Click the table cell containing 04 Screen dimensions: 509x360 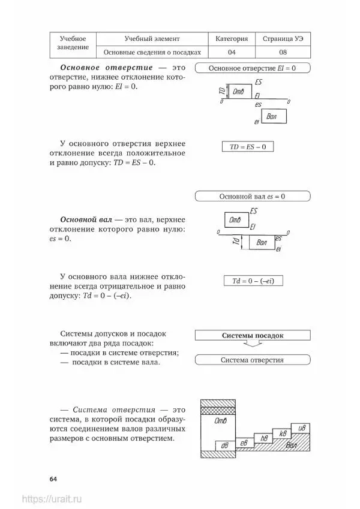point(231,52)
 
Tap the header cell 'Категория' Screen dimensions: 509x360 point(231,38)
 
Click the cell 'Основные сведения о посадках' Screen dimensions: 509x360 point(152,52)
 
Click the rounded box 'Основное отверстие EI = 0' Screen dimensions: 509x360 point(252,68)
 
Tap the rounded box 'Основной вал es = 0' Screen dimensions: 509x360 point(252,196)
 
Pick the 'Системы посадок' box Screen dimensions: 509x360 point(252,336)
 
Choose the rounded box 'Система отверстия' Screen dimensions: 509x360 point(252,360)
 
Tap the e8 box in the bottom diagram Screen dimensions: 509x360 point(244,442)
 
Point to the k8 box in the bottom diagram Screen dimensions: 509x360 point(281,433)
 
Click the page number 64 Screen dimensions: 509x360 point(53,478)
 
